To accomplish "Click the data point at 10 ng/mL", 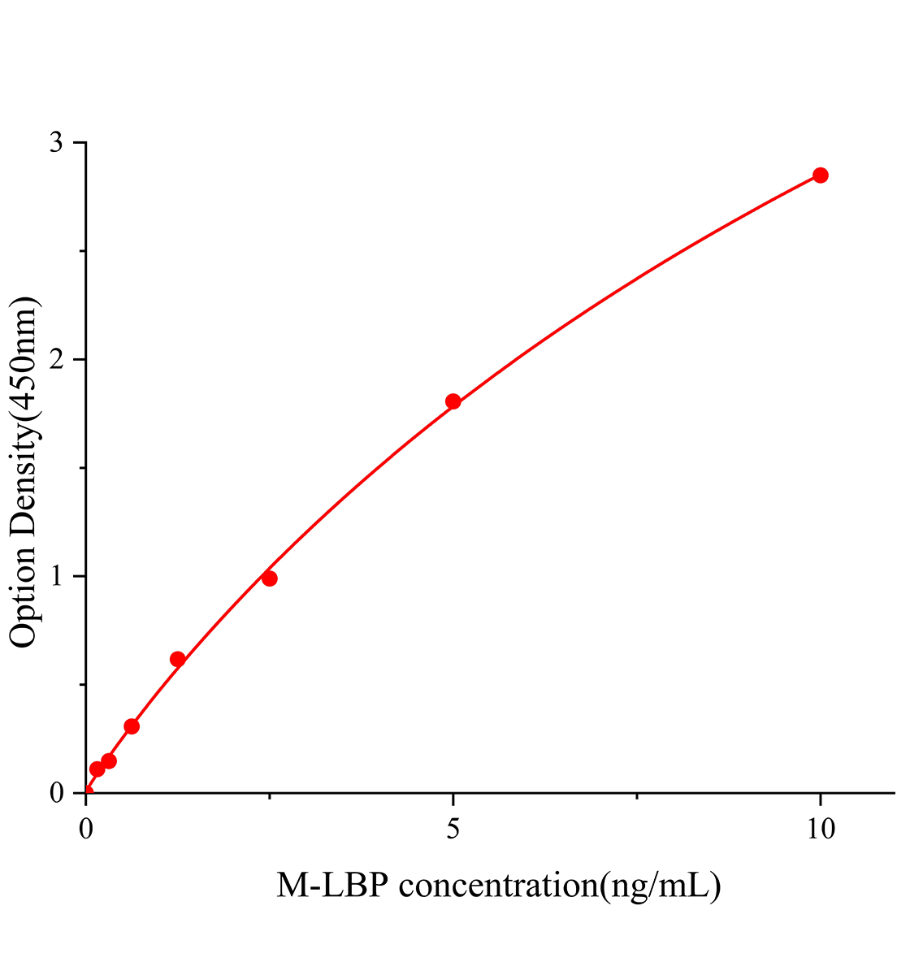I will pos(820,175).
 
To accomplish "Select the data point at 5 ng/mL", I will pos(453,401).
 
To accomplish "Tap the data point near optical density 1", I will pos(270,578).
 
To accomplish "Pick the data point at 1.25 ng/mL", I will pos(178,659).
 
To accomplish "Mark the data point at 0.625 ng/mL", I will pos(132,726).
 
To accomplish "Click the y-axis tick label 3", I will pos(56,143).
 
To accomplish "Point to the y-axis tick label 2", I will pos(56,360).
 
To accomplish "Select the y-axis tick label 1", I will pos(56,577).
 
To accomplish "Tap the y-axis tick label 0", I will pos(56,793).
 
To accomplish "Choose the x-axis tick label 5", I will pos(453,829).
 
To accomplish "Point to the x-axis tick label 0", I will pos(86,829).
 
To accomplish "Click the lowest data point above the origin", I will pos(97,769).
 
